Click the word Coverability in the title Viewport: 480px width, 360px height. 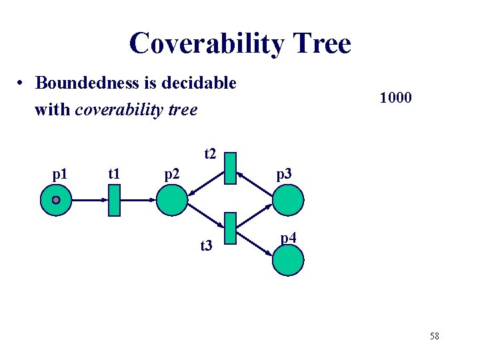[206, 44]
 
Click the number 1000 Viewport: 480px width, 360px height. [396, 98]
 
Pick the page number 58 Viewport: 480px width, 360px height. [435, 336]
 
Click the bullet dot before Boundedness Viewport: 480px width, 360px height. [22, 84]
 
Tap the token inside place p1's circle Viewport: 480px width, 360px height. [57, 200]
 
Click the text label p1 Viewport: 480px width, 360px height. [59, 175]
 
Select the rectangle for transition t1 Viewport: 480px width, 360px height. [114, 200]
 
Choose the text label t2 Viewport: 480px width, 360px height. [210, 155]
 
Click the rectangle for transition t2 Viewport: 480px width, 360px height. [231, 168]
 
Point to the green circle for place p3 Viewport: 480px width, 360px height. [288, 200]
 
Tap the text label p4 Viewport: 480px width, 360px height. [289, 237]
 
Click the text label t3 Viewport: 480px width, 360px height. [206, 247]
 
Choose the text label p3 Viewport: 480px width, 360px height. [284, 175]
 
